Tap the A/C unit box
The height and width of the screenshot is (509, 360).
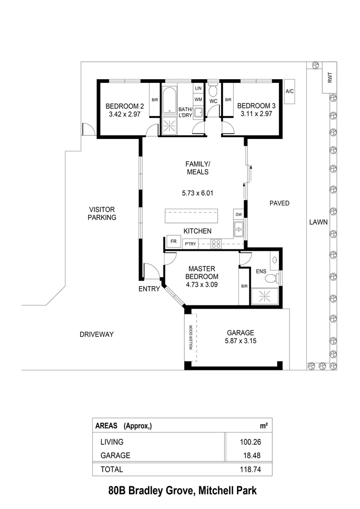(x=290, y=91)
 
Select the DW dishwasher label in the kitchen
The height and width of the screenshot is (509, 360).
(x=239, y=215)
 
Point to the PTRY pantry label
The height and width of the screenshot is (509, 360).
(x=190, y=244)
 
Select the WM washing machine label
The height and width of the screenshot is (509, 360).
(x=198, y=99)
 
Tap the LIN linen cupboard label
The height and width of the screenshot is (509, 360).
(x=198, y=88)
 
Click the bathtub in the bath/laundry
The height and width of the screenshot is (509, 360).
(x=169, y=99)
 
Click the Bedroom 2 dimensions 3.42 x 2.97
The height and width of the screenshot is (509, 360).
(x=121, y=114)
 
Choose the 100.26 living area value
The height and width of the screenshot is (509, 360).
(x=250, y=442)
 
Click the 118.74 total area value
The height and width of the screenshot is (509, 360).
(x=250, y=469)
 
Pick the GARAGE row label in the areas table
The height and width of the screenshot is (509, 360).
(x=115, y=456)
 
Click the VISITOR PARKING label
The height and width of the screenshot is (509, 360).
(x=102, y=213)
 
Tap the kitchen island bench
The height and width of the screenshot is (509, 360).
(x=191, y=216)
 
